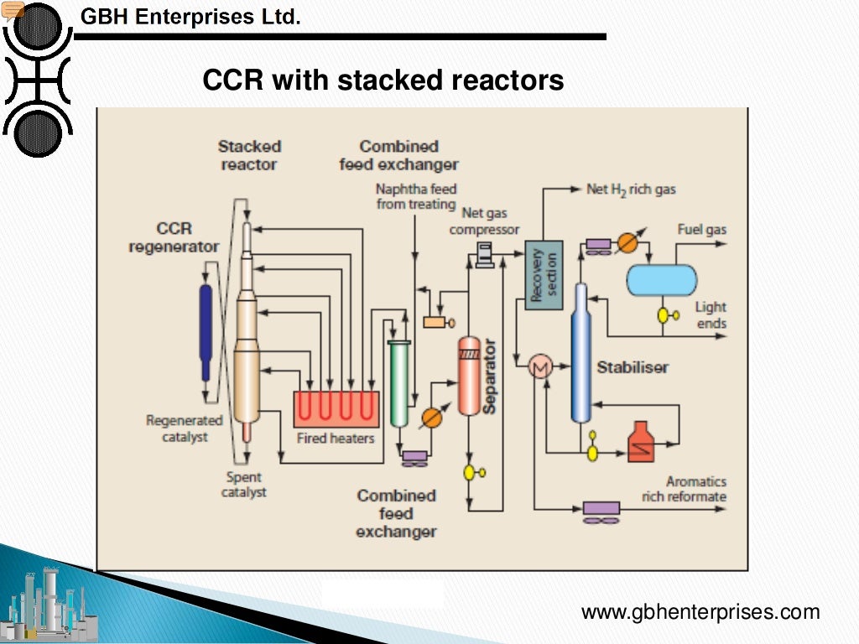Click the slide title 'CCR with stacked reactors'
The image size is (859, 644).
click(383, 81)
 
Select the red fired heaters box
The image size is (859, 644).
click(336, 409)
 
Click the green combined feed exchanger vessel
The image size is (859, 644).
click(398, 382)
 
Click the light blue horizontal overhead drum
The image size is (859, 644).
click(662, 280)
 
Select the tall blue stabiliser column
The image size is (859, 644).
click(580, 352)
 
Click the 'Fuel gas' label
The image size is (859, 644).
click(701, 230)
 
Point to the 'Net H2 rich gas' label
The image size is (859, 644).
click(631, 190)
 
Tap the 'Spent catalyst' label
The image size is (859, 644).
click(244, 485)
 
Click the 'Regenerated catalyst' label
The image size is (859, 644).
click(185, 428)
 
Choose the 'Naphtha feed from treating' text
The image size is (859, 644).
click(416, 197)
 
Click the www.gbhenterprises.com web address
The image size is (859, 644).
click(700, 612)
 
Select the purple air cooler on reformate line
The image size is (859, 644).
click(601, 508)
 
